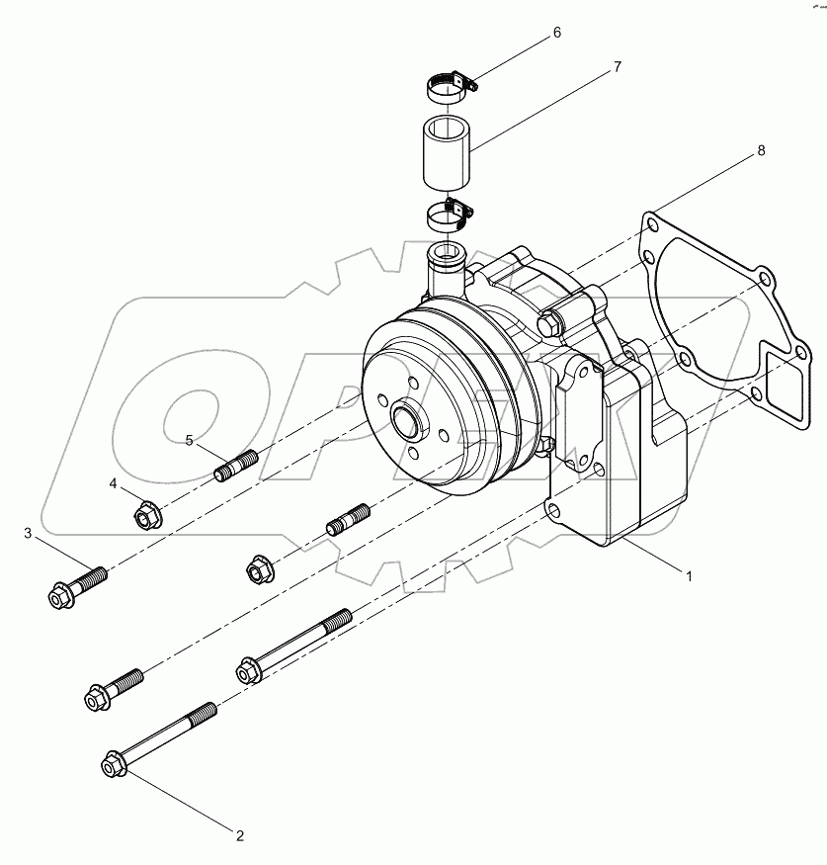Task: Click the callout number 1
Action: pyautogui.click(x=689, y=574)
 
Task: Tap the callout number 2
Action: pyautogui.click(x=239, y=835)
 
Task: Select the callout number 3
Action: pyautogui.click(x=28, y=534)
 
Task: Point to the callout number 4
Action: pyautogui.click(x=113, y=483)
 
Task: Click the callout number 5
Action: pyautogui.click(x=189, y=440)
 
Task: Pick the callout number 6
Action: pyautogui.click(x=556, y=33)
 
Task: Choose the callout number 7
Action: pyautogui.click(x=617, y=67)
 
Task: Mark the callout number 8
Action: pyautogui.click(x=761, y=150)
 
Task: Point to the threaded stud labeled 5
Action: pyautogui.click(x=236, y=464)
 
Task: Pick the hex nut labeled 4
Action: pyautogui.click(x=146, y=513)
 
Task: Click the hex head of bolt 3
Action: pyautogui.click(x=59, y=594)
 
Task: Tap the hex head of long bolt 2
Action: pyautogui.click(x=113, y=764)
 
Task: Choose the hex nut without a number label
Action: pyautogui.click(x=258, y=569)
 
